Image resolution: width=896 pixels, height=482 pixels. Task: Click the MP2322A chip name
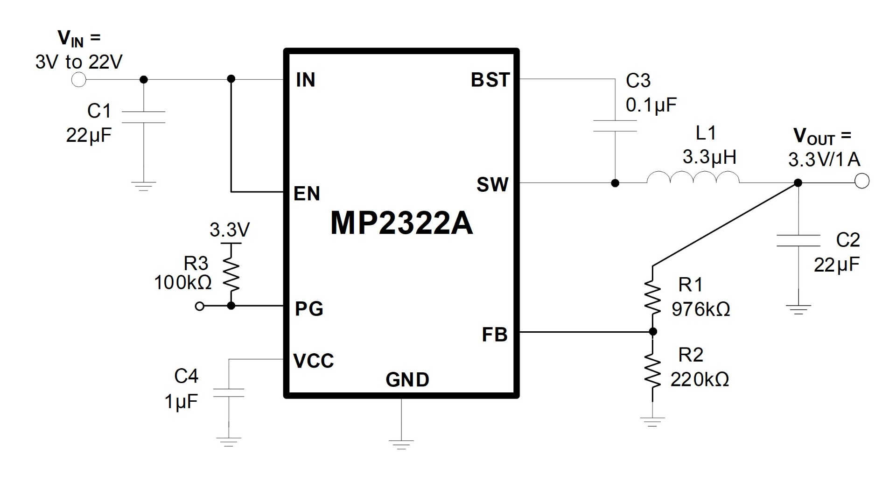tap(402, 223)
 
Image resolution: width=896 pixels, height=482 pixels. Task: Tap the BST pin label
tap(490, 80)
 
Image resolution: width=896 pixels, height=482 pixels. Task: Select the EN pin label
tap(307, 194)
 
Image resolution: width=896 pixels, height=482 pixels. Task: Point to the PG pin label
tap(309, 309)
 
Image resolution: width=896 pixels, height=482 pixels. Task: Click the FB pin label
tap(495, 335)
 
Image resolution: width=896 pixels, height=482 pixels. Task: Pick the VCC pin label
tap(314, 361)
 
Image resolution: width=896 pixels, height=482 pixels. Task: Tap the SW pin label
tap(492, 185)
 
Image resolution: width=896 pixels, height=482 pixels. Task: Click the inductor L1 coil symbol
tap(693, 177)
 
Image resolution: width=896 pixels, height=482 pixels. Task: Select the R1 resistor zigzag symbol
tap(652, 296)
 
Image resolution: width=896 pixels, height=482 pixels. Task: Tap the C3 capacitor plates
tap(615, 126)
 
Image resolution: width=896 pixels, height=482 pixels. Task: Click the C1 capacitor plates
tap(144, 117)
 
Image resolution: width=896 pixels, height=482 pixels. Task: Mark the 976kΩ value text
tap(701, 309)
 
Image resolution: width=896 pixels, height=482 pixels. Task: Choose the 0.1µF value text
tap(651, 106)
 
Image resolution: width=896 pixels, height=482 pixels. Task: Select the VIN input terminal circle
tap(79, 80)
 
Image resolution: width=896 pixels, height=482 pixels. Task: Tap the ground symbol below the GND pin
tap(401, 444)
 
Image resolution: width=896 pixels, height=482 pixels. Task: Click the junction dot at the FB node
tap(653, 332)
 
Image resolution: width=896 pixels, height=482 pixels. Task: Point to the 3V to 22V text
tap(79, 62)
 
